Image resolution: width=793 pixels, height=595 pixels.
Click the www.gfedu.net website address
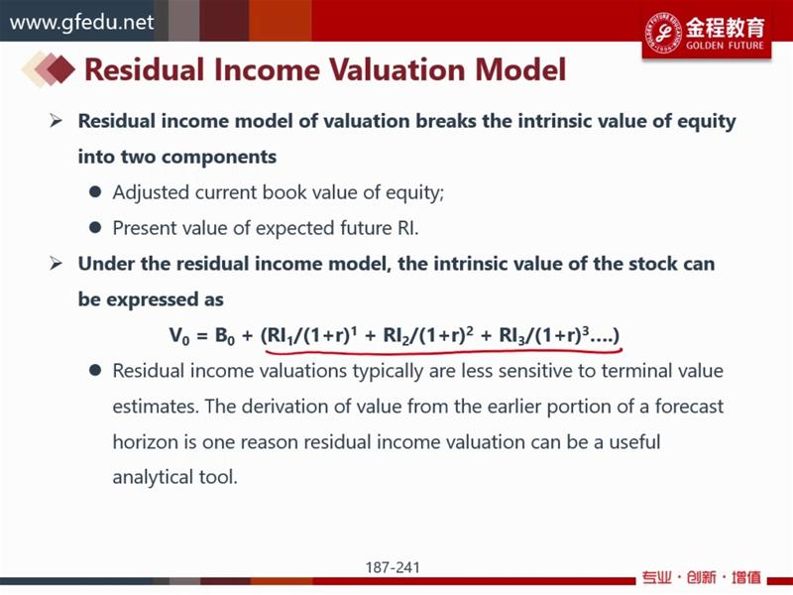coord(82,23)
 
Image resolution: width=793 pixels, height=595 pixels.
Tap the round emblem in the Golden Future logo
coord(663,33)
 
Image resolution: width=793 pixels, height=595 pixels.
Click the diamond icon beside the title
coord(49,69)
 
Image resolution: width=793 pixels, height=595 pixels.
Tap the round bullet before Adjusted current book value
coord(95,191)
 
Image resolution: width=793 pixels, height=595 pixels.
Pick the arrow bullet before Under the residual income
coord(56,264)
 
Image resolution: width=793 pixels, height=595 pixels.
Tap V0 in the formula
coord(179,336)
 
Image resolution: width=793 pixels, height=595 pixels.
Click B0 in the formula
coord(225,336)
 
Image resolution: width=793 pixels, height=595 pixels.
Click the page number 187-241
coord(393,567)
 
